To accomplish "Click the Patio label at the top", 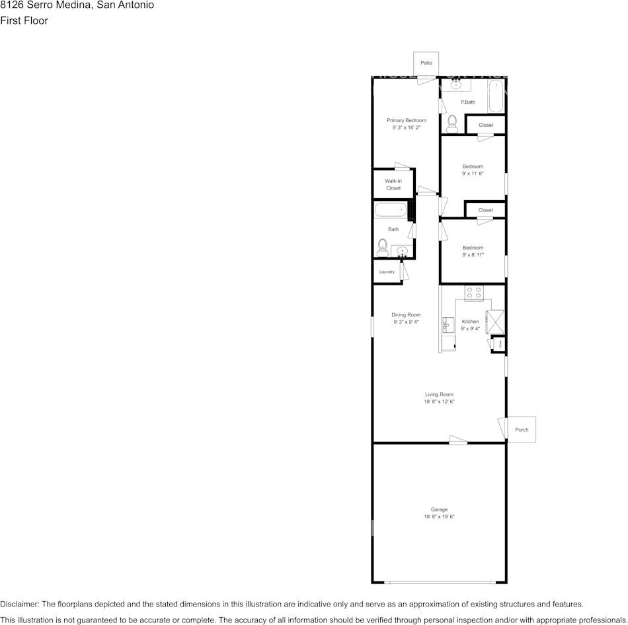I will [426, 63].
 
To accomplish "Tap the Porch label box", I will [521, 429].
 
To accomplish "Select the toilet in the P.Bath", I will [452, 122].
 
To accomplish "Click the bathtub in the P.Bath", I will [496, 96].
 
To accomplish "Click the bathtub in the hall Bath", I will [390, 210].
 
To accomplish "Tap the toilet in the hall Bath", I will [382, 248].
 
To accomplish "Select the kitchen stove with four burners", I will [473, 292].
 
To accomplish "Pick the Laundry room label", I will [387, 272].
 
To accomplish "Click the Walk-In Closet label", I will [393, 184].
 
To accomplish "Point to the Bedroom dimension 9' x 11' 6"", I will [473, 174].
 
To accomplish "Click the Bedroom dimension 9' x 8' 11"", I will [473, 254].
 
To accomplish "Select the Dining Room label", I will [407, 314].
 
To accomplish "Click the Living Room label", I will [439, 394].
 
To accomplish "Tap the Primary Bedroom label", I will [406, 120].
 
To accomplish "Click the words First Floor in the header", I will [24, 20].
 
